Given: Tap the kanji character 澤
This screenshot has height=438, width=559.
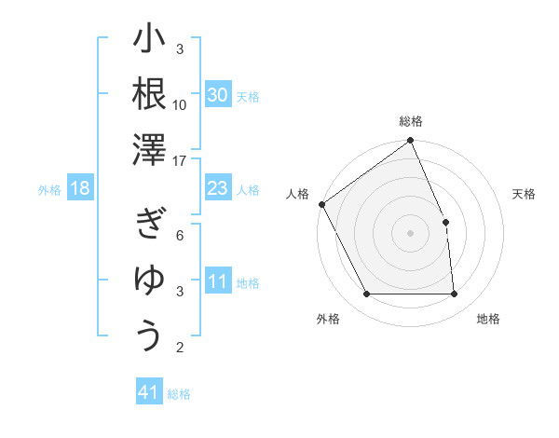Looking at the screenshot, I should (149, 149).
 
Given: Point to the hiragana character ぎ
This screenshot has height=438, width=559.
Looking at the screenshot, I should (149, 225).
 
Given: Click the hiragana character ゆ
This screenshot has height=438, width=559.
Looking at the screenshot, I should (149, 279).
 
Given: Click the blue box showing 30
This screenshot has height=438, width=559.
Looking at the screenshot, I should (218, 94).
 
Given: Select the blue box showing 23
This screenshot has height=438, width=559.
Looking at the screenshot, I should (218, 189).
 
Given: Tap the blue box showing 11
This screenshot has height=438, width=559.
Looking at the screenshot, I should (218, 282).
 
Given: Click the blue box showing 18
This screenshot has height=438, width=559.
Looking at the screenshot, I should (80, 189).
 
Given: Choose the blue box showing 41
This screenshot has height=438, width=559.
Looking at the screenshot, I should (149, 392).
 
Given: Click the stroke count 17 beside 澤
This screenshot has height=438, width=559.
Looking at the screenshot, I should (181, 161).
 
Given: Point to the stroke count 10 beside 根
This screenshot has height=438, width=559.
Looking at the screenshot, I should (180, 104).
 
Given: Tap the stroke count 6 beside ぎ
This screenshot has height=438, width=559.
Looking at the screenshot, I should (180, 235).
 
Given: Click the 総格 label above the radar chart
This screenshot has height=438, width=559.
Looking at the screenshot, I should (411, 121).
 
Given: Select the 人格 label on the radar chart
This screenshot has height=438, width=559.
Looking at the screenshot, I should (297, 194).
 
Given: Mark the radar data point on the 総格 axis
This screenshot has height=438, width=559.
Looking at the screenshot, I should (411, 142).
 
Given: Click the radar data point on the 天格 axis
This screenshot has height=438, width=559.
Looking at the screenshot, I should (445, 222).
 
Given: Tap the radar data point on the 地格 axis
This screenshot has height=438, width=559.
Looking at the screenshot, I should (455, 294).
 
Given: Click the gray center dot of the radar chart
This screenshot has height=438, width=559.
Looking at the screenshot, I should (411, 233).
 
